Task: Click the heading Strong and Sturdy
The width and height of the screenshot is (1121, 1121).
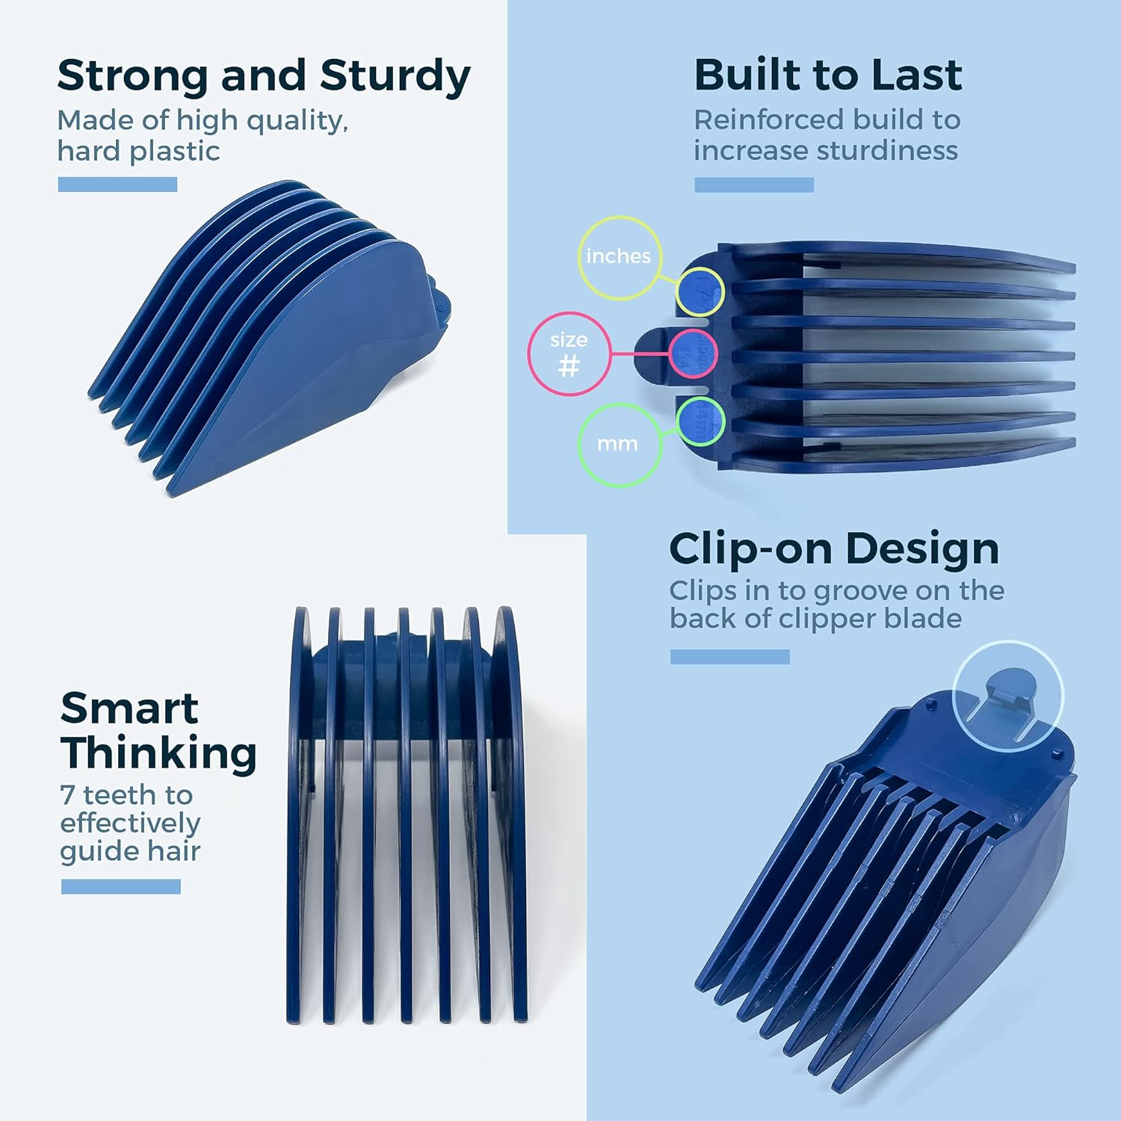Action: pos(264,76)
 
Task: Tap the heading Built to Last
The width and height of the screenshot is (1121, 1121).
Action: pos(828,75)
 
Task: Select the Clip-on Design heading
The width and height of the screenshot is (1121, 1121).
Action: pos(834,549)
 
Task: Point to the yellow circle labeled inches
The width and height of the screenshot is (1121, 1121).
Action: pos(619,257)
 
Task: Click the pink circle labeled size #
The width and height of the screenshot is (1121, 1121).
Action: pos(569,353)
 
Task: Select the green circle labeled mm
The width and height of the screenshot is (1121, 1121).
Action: pos(618,445)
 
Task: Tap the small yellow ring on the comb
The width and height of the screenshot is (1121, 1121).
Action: pos(700,292)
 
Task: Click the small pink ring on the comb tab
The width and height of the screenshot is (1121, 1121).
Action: pos(693,353)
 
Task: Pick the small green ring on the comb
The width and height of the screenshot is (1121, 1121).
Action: pos(700,421)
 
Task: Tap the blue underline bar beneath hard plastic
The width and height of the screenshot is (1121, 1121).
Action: pos(117,185)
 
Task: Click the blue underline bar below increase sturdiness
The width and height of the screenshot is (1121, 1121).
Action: pos(754,185)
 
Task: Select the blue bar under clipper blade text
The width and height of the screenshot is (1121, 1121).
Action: pos(729,657)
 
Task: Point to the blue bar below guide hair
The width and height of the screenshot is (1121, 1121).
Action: pos(121,886)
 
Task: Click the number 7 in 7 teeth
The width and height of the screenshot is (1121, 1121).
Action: pos(67,795)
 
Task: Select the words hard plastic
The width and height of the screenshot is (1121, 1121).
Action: pos(138,152)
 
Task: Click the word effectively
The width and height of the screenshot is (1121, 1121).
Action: pos(130,824)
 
